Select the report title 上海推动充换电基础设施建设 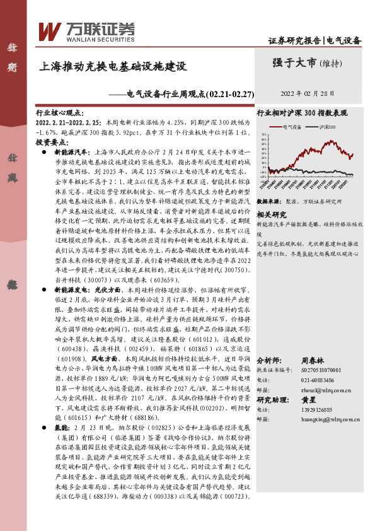coord(113,65)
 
